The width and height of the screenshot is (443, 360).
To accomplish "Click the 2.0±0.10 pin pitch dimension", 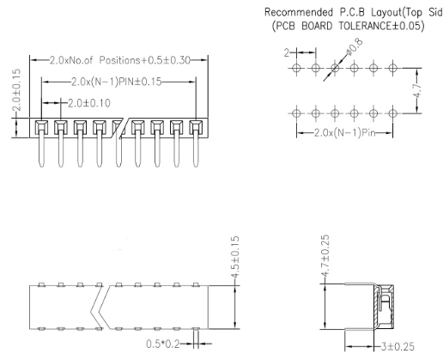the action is coord(89,103).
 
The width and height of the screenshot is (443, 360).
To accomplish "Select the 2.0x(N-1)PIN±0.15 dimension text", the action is coord(117,82).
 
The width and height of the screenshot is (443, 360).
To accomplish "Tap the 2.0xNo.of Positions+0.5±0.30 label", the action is coord(120,60).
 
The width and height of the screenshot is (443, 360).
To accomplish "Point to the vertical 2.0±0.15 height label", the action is coord(17,90).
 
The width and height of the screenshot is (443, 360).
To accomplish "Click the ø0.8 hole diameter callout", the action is coord(355,46).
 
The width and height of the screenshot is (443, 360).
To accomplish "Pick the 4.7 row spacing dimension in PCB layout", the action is coord(417,91).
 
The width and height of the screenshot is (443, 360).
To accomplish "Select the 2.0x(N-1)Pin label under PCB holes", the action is coord(344,132).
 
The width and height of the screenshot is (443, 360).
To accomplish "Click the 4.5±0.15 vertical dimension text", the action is coord(234,257).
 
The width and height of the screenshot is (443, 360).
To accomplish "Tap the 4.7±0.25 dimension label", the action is coord(325,256).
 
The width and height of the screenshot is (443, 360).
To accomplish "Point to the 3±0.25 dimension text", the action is coord(398,346).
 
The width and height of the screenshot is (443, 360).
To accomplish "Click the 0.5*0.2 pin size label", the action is coord(163,344).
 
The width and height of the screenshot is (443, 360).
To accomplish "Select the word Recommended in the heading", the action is coord(299,12).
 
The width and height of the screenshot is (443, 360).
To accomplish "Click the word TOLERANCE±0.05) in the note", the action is coord(381,26).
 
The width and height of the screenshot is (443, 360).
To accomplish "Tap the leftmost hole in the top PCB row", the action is coord(296,68).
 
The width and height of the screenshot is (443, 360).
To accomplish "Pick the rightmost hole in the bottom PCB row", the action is coord(392,113).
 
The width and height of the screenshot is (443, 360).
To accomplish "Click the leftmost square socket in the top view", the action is coord(41,126).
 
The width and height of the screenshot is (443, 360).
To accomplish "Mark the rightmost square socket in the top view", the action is coord(196,126).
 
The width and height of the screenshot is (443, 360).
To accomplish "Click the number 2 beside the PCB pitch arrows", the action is coord(287,52).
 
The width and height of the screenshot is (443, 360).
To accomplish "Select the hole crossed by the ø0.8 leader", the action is coord(335,68).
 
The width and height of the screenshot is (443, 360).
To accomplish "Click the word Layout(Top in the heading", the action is coord(397,12).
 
